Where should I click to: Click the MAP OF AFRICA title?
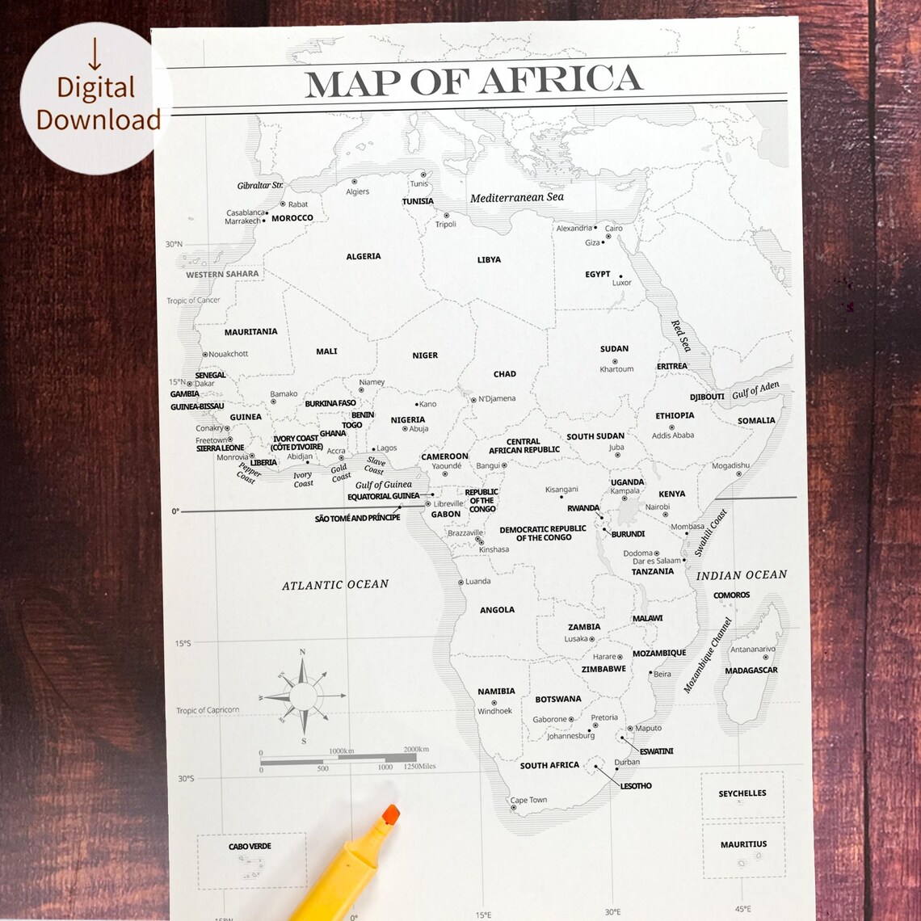pos(473,82)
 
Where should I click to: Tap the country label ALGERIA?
pos(364,256)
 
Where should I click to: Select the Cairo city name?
pos(614,229)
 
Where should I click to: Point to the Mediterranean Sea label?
pos(517,197)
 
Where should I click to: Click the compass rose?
pos(303,696)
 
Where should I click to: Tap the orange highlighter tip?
pos(391,814)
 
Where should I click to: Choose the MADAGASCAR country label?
pos(751,671)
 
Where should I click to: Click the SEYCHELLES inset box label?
pos(742,793)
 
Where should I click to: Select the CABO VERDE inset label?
pos(250,847)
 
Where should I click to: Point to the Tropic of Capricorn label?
pos(208,710)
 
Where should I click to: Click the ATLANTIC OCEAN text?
pos(335,584)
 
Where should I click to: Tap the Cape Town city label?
pos(528,800)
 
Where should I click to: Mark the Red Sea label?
pos(681,335)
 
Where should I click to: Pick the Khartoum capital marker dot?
pos(615,361)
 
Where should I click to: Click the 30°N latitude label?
pos(174,244)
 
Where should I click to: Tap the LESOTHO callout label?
pos(636,786)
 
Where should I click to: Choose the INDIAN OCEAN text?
pos(742,575)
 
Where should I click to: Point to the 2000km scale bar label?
pos(416,751)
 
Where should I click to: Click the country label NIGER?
pos(425,355)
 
